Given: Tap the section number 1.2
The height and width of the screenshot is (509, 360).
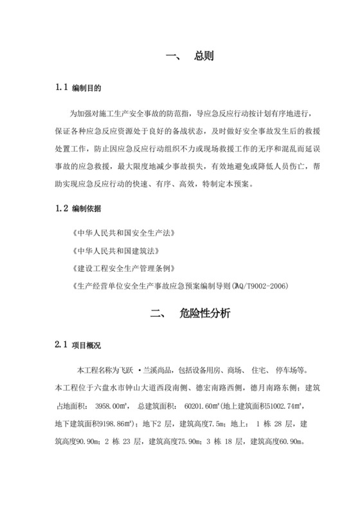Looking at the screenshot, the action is (x=62, y=210).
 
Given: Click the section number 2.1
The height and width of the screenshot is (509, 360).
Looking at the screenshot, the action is (x=62, y=346).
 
